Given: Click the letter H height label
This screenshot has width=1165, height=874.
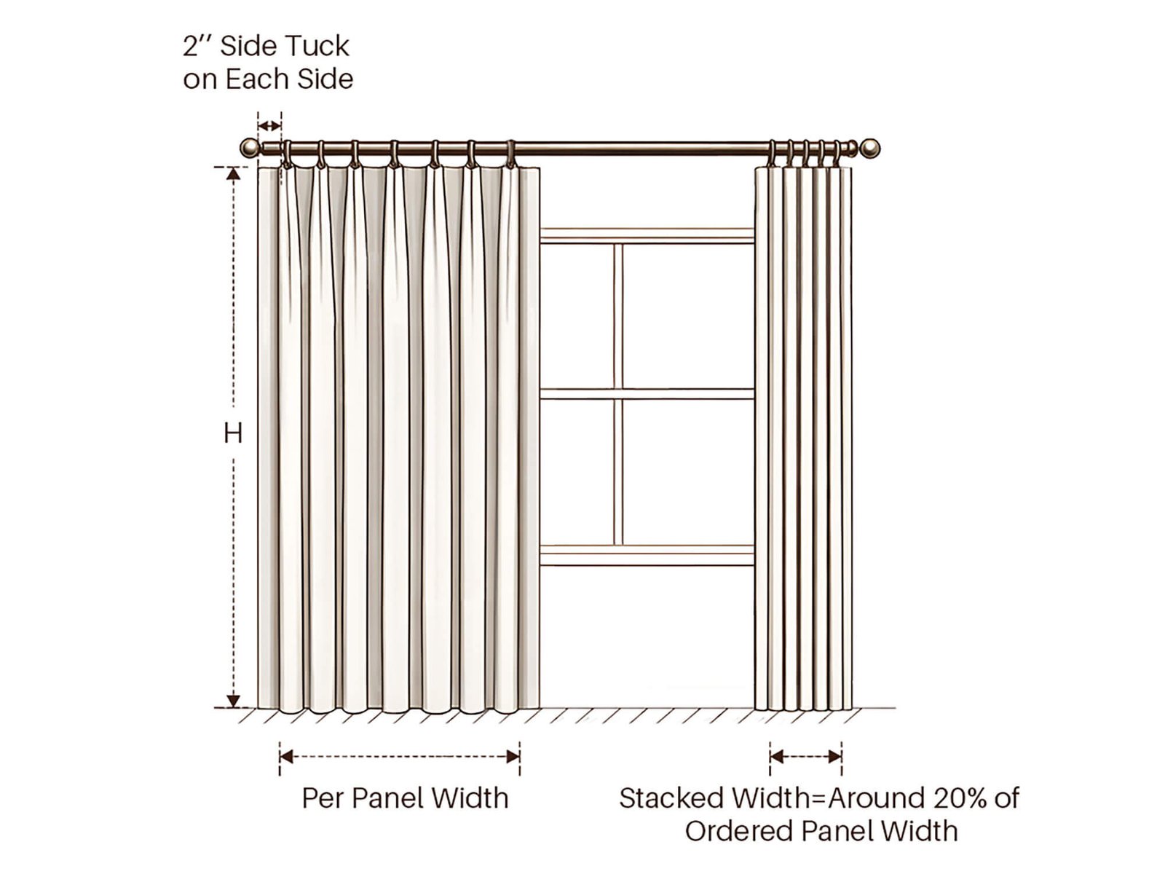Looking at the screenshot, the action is click(x=233, y=433).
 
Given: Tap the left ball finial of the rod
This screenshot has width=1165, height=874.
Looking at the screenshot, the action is click(x=248, y=148).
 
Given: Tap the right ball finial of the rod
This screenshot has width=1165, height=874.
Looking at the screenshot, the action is click(x=870, y=148).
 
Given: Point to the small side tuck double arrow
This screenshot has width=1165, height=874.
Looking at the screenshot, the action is click(x=269, y=126).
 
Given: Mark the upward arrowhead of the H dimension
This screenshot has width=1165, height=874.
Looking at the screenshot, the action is click(x=233, y=173).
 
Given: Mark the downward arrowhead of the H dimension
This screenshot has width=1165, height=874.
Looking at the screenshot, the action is click(x=233, y=701).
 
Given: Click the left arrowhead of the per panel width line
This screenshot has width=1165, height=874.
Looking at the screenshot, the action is click(x=286, y=757).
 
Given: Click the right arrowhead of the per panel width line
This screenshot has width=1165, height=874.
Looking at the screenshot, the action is click(x=513, y=757).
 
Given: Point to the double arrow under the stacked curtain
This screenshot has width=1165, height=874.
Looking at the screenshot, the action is click(x=806, y=757).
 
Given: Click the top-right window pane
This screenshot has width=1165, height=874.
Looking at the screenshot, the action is click(x=688, y=316).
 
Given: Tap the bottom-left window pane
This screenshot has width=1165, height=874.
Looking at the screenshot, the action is click(x=577, y=472).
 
